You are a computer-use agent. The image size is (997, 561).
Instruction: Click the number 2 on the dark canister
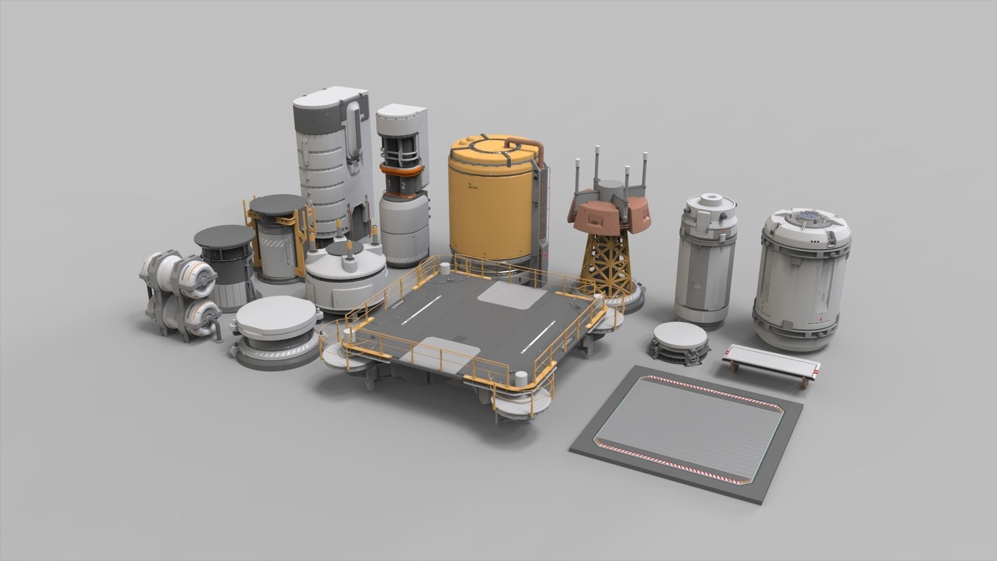[403, 184]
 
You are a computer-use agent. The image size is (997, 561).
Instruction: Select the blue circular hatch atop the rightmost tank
[806, 215]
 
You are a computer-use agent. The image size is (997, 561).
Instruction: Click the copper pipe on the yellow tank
[527, 142]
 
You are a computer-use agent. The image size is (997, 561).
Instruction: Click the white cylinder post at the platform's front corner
[521, 376]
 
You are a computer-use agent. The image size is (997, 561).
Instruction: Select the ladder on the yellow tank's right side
[543, 208]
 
